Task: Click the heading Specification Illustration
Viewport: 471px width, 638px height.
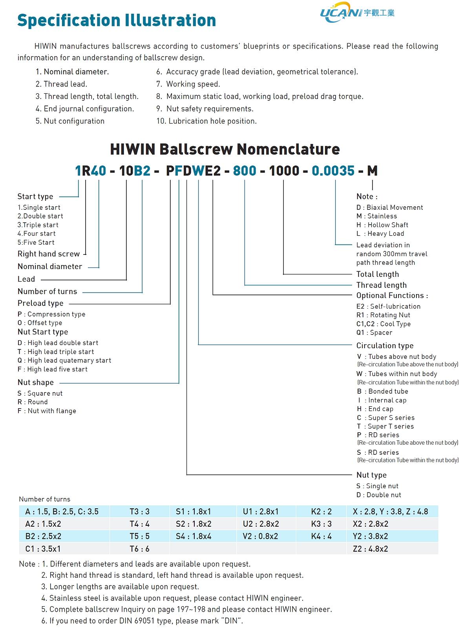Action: coord(117,20)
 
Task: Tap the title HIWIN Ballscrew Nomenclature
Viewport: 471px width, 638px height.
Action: coord(225,149)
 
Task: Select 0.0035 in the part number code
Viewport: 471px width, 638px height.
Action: coord(333,171)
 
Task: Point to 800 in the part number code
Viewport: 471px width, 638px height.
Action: coord(245,171)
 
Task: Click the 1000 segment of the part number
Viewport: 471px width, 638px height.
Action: coord(284,171)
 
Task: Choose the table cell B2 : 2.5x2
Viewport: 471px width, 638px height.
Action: coord(43,536)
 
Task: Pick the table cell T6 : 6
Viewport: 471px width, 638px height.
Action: coord(139,549)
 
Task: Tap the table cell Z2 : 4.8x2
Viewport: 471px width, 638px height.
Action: coord(370,549)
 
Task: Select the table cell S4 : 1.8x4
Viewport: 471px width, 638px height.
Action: coord(194,536)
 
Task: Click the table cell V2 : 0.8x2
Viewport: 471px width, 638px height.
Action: coord(260,536)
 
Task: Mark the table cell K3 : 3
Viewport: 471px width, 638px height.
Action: coord(321,524)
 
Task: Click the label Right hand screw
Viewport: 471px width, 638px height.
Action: coord(49,254)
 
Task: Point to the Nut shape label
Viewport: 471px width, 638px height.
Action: coord(36,382)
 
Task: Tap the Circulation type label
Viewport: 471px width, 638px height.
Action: coord(385,345)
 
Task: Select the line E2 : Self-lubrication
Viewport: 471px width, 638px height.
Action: coord(388,306)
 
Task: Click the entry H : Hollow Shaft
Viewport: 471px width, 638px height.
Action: coord(382,225)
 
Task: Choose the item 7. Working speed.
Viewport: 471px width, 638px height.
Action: coord(188,84)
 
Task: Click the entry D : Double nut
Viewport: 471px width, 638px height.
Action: coord(378,495)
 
